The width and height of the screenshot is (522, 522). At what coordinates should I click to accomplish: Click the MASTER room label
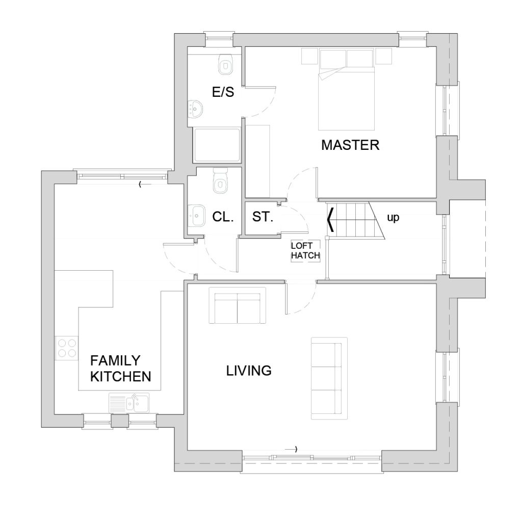coord(350,145)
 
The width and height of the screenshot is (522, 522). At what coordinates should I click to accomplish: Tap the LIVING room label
coord(249,371)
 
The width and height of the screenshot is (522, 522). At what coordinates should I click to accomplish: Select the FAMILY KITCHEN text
coord(120,369)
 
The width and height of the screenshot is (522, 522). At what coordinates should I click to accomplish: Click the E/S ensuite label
coord(223,92)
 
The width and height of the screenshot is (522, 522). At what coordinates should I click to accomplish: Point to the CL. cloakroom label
coord(223,217)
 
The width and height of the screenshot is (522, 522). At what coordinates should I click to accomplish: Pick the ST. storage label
coord(263,217)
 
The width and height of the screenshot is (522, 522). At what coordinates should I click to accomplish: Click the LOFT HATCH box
coord(305,251)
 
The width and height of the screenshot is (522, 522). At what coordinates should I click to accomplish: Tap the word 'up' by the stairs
coord(393,218)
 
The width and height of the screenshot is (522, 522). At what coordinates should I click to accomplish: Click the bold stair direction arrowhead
coord(331,219)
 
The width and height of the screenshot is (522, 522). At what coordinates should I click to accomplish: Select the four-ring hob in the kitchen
coord(67,348)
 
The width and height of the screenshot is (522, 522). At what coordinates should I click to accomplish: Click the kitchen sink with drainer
coord(129,403)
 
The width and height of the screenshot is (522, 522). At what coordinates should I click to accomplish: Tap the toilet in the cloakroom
coord(219,180)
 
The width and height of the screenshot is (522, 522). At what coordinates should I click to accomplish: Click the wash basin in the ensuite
coord(195,109)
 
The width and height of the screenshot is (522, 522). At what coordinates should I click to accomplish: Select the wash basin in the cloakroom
coord(197,216)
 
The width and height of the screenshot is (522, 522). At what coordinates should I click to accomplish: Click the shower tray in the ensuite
coord(217,145)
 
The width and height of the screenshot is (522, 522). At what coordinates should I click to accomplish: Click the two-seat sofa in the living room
coord(237,305)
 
